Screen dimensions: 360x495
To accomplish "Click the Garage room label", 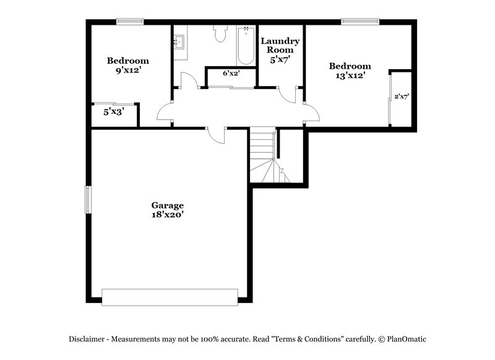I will click(x=168, y=205).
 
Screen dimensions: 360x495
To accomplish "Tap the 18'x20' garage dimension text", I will click(x=168, y=215).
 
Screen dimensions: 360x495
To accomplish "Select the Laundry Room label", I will click(x=280, y=45).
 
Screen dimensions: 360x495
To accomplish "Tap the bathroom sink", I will click(x=180, y=43).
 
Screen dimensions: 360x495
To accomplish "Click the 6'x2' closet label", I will click(x=231, y=73).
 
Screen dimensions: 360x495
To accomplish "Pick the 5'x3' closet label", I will click(x=113, y=113).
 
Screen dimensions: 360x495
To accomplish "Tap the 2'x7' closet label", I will click(x=402, y=96).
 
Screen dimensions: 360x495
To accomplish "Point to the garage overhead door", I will click(x=170, y=296).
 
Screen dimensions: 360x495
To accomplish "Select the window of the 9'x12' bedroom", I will click(x=131, y=22).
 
